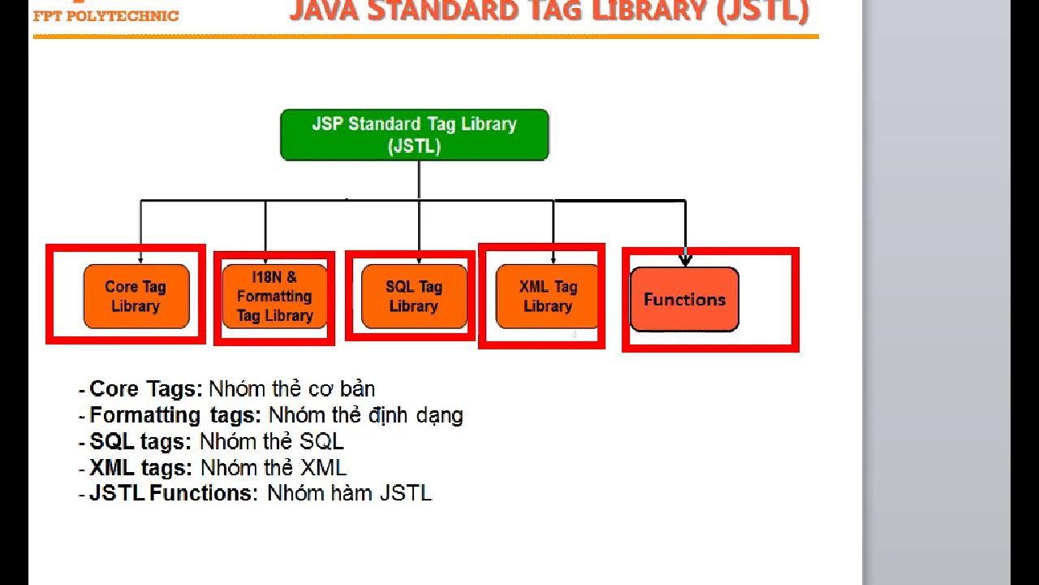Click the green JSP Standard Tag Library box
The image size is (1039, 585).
coord(414,135)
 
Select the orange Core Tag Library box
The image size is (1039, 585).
coord(136,297)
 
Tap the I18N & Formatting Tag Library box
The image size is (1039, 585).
coord(274,297)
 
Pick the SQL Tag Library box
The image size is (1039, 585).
coord(414,297)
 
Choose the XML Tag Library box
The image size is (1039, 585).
coord(547,297)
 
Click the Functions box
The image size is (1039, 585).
coord(684,300)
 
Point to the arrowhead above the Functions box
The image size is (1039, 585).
coord(685,260)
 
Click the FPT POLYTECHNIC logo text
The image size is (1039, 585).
coord(106,16)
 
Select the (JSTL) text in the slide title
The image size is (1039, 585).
coord(763,11)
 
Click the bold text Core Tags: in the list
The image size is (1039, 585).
coord(145,389)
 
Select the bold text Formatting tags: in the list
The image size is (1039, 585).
coord(175,415)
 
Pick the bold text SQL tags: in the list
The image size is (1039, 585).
coord(140,442)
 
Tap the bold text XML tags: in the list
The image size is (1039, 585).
coord(140,468)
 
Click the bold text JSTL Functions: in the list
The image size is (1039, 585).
coord(173,493)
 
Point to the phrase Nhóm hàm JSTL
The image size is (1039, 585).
coord(349,493)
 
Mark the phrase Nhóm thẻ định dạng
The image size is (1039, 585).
coord(365,415)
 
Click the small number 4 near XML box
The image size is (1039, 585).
coord(574,335)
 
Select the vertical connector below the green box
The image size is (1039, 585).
coord(419,180)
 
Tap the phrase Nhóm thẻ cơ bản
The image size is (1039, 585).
coord(292,389)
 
